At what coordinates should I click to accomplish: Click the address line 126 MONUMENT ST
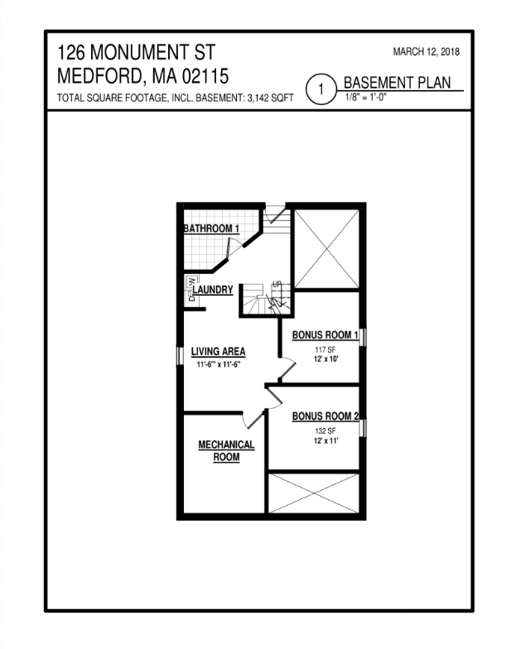[x=133, y=54]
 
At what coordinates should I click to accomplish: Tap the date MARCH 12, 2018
[x=426, y=52]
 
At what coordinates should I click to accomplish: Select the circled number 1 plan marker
[x=320, y=88]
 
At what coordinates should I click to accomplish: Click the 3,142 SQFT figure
[x=270, y=99]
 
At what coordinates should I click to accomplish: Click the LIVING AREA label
[x=218, y=351]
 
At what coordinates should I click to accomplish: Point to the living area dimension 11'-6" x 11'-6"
[x=218, y=364]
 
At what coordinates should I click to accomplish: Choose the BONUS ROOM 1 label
[x=325, y=335]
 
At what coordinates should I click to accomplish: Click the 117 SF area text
[x=324, y=350]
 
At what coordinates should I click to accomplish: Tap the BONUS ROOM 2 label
[x=324, y=416]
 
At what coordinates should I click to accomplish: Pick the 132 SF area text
[x=324, y=431]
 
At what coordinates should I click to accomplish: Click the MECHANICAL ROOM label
[x=226, y=451]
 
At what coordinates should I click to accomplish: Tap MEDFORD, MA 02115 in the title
[x=143, y=76]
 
